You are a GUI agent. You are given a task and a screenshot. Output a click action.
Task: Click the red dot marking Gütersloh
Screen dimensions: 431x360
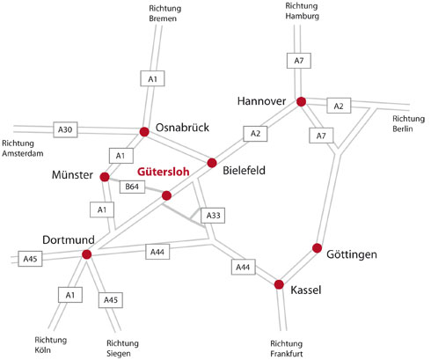tap(166, 195)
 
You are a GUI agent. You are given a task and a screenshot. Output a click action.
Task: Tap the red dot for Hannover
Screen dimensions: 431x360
tap(301, 101)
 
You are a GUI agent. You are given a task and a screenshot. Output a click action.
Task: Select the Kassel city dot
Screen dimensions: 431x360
tap(279, 284)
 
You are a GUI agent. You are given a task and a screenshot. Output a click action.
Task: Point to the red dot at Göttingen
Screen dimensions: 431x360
tap(317, 248)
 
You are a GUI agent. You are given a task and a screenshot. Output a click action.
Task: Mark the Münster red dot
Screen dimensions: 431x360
tap(105, 177)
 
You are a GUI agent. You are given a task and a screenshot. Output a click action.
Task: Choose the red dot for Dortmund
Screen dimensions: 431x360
tap(87, 254)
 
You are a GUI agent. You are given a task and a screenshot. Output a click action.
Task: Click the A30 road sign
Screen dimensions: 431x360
tap(65, 129)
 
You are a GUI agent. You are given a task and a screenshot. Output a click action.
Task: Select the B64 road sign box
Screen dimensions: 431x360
tap(132, 187)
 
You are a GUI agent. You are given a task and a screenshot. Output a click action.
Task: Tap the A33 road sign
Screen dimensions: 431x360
tap(213, 216)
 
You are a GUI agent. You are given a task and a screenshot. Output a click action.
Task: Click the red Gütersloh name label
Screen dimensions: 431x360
tap(164, 172)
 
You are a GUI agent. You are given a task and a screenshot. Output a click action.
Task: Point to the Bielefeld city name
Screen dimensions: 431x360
tap(244, 171)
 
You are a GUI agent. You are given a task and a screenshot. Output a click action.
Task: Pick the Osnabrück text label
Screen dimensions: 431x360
tap(182, 128)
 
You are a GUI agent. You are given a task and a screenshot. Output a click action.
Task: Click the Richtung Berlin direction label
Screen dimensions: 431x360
tap(408, 124)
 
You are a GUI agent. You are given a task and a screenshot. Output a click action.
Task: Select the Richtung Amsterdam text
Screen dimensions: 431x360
tap(23, 149)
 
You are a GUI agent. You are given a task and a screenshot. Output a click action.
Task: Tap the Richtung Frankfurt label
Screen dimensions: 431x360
tap(287, 349)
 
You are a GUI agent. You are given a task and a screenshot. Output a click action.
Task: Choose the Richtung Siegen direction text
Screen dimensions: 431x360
tap(122, 349)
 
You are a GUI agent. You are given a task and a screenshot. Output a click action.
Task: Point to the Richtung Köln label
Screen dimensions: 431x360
tap(51, 345)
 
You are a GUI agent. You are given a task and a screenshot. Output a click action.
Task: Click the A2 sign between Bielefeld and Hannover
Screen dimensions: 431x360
tap(255, 134)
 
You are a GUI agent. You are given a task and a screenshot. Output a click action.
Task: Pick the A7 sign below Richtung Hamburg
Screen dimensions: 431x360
tap(299, 61)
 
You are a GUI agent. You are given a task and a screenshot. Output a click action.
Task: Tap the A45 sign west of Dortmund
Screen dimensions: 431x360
tap(30, 259)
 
